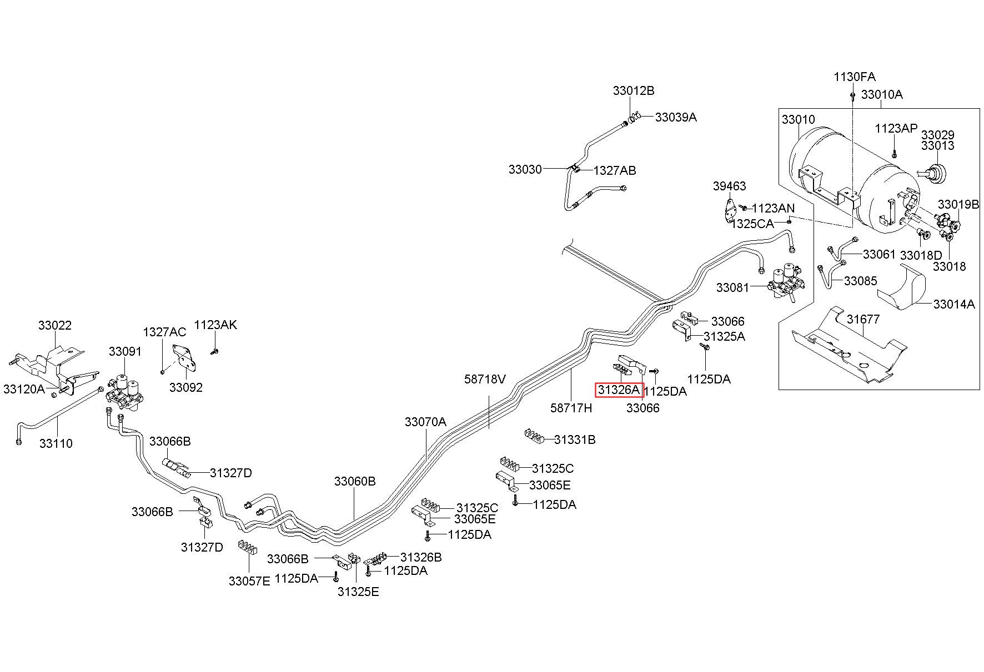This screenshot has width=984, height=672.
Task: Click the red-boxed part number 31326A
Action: (619, 390)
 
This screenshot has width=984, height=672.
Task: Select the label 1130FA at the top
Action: (855, 77)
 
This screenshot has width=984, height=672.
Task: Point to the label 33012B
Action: (634, 90)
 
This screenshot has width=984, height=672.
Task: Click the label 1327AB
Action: (615, 171)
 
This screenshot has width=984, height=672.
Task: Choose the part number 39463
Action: (730, 186)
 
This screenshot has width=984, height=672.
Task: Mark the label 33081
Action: (732, 287)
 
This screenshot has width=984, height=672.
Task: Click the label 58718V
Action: (485, 379)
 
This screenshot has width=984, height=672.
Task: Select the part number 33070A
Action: (425, 422)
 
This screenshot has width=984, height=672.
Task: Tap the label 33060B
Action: (355, 481)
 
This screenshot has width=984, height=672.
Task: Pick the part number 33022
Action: (55, 325)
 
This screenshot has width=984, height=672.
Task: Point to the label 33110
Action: (56, 443)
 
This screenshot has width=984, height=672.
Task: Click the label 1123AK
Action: (215, 325)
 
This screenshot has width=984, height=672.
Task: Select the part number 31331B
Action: (575, 440)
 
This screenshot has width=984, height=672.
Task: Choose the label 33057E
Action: (249, 581)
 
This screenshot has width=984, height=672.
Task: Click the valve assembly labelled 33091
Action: (127, 392)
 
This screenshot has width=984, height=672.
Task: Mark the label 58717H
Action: (571, 408)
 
